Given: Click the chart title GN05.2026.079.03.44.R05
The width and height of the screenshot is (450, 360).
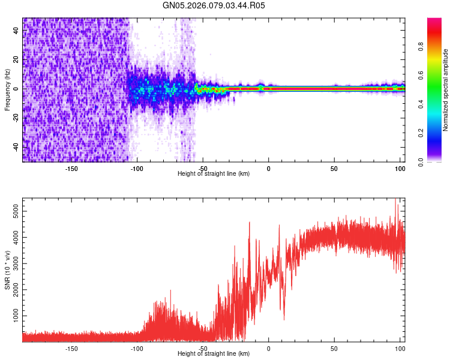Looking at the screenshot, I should click(x=214, y=6).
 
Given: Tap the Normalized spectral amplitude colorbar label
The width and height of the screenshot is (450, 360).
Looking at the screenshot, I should click(x=446, y=90).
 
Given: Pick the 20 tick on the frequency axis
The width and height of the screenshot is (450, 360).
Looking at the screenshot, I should click(x=16, y=59).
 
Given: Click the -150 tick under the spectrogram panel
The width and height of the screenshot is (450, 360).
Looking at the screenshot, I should click(x=71, y=168).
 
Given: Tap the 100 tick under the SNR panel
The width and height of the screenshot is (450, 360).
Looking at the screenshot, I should click(x=400, y=348).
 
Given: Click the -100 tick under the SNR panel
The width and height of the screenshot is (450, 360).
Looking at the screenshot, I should click(x=137, y=348).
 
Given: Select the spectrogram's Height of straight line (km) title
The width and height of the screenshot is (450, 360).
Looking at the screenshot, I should click(x=214, y=174).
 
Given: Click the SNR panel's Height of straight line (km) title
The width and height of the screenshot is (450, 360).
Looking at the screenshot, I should click(x=214, y=354).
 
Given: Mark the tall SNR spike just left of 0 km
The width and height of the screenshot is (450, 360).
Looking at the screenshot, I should click(x=250, y=223).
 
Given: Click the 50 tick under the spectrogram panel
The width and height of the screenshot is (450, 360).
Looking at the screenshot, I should click(x=334, y=168).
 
